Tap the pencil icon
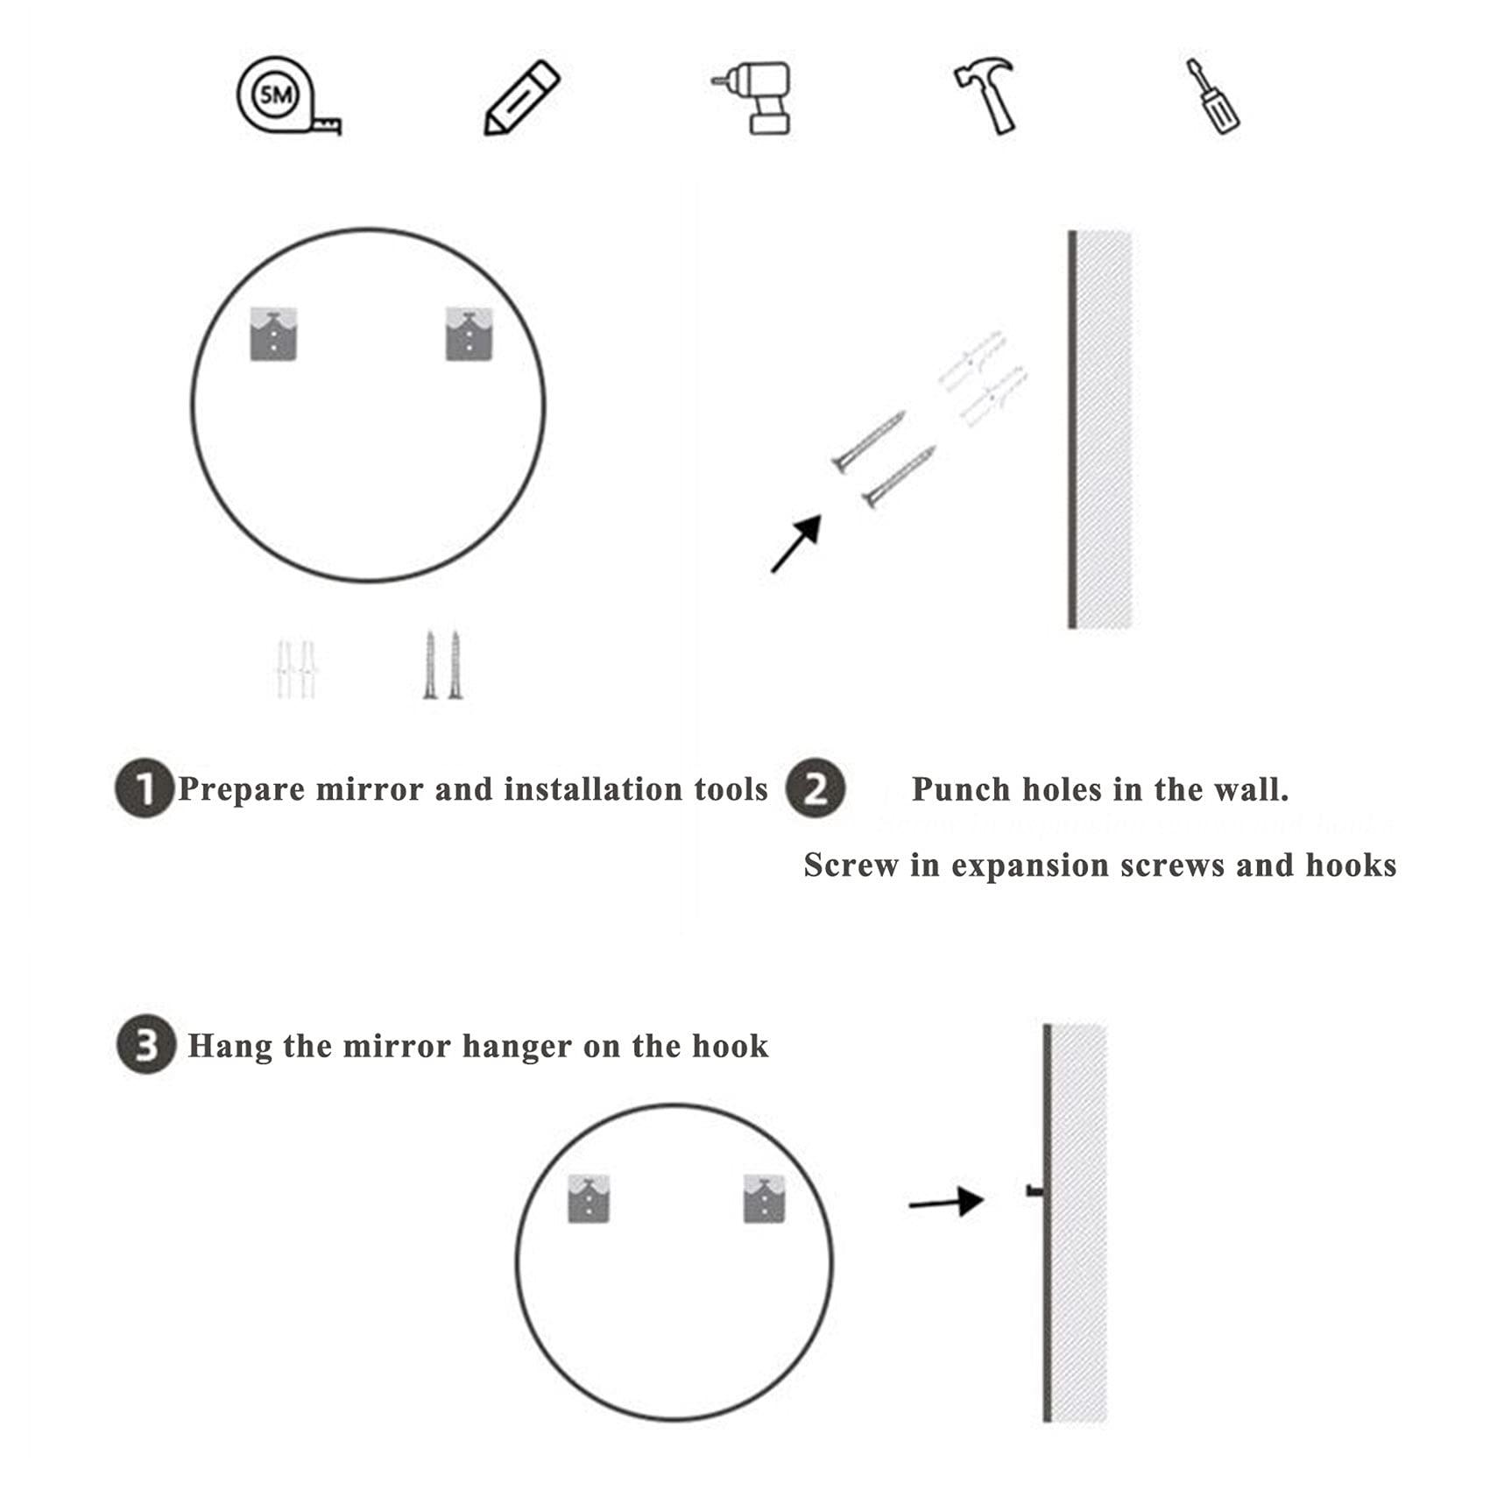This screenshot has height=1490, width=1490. tap(521, 97)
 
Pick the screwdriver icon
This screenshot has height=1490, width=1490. tap(1213, 96)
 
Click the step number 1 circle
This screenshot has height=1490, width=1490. tap(144, 788)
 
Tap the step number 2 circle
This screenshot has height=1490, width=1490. tap(815, 788)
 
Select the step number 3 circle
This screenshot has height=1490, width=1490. tap(145, 1044)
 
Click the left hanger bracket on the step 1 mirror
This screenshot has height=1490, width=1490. tap(273, 334)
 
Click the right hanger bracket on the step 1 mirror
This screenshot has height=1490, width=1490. tap(469, 334)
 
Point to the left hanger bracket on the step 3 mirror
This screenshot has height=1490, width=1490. tap(589, 1198)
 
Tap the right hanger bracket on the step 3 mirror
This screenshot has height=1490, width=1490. tap(764, 1198)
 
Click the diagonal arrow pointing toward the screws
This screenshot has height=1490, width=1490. tap(795, 544)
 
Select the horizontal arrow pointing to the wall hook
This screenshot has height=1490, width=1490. tap(945, 1203)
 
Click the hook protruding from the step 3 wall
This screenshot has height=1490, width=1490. tap(1035, 1190)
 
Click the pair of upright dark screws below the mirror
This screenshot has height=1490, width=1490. tap(442, 666)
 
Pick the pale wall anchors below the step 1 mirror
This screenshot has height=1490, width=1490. tap(295, 669)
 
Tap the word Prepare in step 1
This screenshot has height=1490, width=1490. tap(242, 790)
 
